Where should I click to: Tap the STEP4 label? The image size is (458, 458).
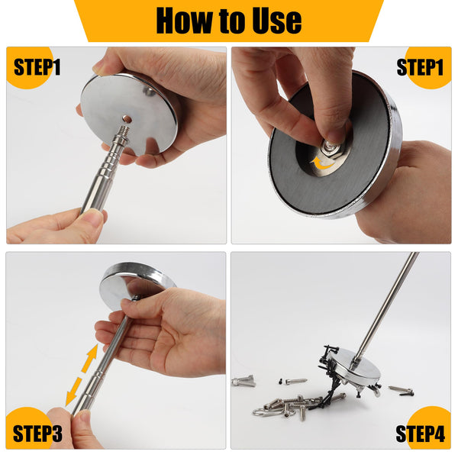420,434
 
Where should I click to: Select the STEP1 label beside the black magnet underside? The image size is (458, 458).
421,67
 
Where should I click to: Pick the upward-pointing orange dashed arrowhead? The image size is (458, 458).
93,351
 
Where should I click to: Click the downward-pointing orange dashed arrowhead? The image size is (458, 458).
69,399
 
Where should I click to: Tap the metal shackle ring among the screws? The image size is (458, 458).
263,412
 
